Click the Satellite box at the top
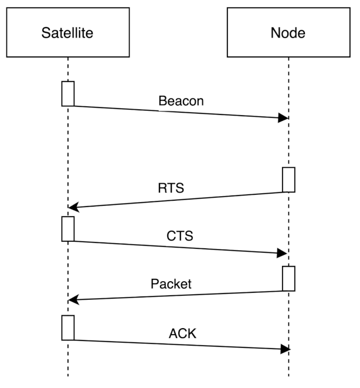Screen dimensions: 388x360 pos(67,32)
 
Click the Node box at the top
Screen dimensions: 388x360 pos(288,32)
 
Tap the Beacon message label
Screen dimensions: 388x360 pos(181,101)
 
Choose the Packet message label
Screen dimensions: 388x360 pos(171,284)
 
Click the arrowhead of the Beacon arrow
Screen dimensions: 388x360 pos(284,119)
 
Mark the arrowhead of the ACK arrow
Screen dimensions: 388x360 pos(284,349)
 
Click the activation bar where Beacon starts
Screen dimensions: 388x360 pos(68,94)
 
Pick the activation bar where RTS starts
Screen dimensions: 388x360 pos(288,180)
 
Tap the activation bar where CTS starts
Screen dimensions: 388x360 pos(68,228)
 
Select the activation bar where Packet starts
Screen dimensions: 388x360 pos(288,278)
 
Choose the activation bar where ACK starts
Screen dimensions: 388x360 pos(68,328)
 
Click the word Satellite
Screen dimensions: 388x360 pos(67,33)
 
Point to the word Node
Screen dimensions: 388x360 pos(288,33)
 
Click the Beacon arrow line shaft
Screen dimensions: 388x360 pos(176,112)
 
